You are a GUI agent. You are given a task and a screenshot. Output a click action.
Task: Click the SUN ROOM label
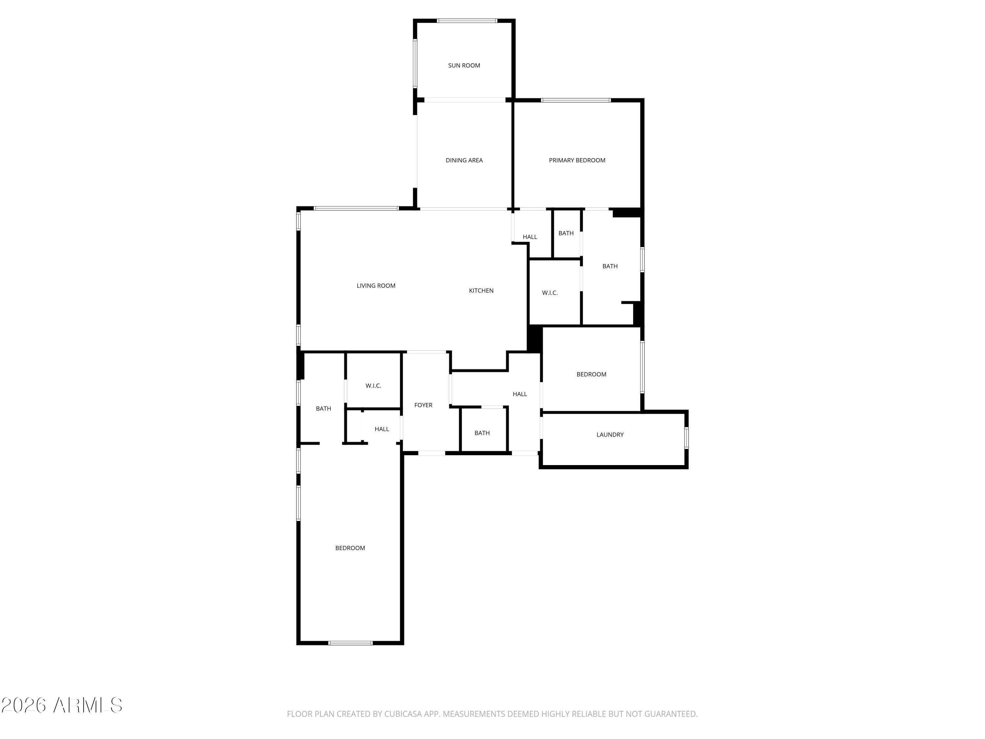point(464,65)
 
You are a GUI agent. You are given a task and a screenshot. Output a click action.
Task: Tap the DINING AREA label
point(464,160)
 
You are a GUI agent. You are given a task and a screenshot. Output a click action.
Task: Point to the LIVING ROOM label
point(376,285)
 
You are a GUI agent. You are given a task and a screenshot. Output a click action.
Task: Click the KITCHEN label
point(481,290)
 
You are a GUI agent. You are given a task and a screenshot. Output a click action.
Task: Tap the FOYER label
point(423,405)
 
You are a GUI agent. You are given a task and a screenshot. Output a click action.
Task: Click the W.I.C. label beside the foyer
point(373,386)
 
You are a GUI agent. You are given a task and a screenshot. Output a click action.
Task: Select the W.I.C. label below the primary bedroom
point(550,293)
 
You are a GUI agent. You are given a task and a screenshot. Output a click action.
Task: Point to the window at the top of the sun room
point(467,20)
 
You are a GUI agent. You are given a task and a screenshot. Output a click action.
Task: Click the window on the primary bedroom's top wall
point(576,100)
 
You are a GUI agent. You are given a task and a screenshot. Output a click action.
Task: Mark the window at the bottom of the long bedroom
point(350,643)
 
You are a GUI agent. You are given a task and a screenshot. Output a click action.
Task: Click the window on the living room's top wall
point(356,209)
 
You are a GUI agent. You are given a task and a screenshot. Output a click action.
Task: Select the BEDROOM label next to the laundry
point(591,374)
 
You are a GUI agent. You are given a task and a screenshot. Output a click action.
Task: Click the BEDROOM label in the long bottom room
point(350,548)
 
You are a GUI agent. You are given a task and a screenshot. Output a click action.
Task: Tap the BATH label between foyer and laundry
point(482,433)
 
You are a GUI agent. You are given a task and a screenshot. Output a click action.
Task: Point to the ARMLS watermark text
point(88,705)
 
